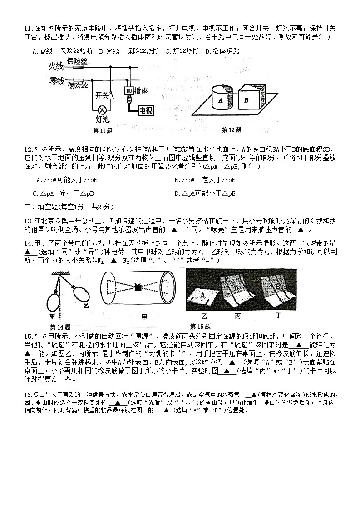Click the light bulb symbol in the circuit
103,109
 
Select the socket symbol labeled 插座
129,91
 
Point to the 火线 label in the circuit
56,67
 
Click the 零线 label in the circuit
56,81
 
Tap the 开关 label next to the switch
102,95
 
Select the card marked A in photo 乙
201,297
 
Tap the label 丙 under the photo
237,316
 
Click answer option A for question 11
63,51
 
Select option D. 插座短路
222,51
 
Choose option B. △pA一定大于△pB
205,180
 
